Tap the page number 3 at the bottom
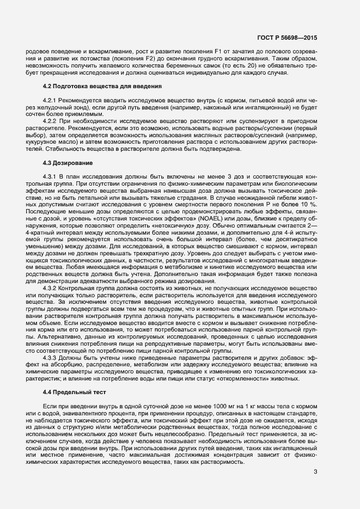tap(315, 471)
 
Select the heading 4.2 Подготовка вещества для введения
tap(101, 87)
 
